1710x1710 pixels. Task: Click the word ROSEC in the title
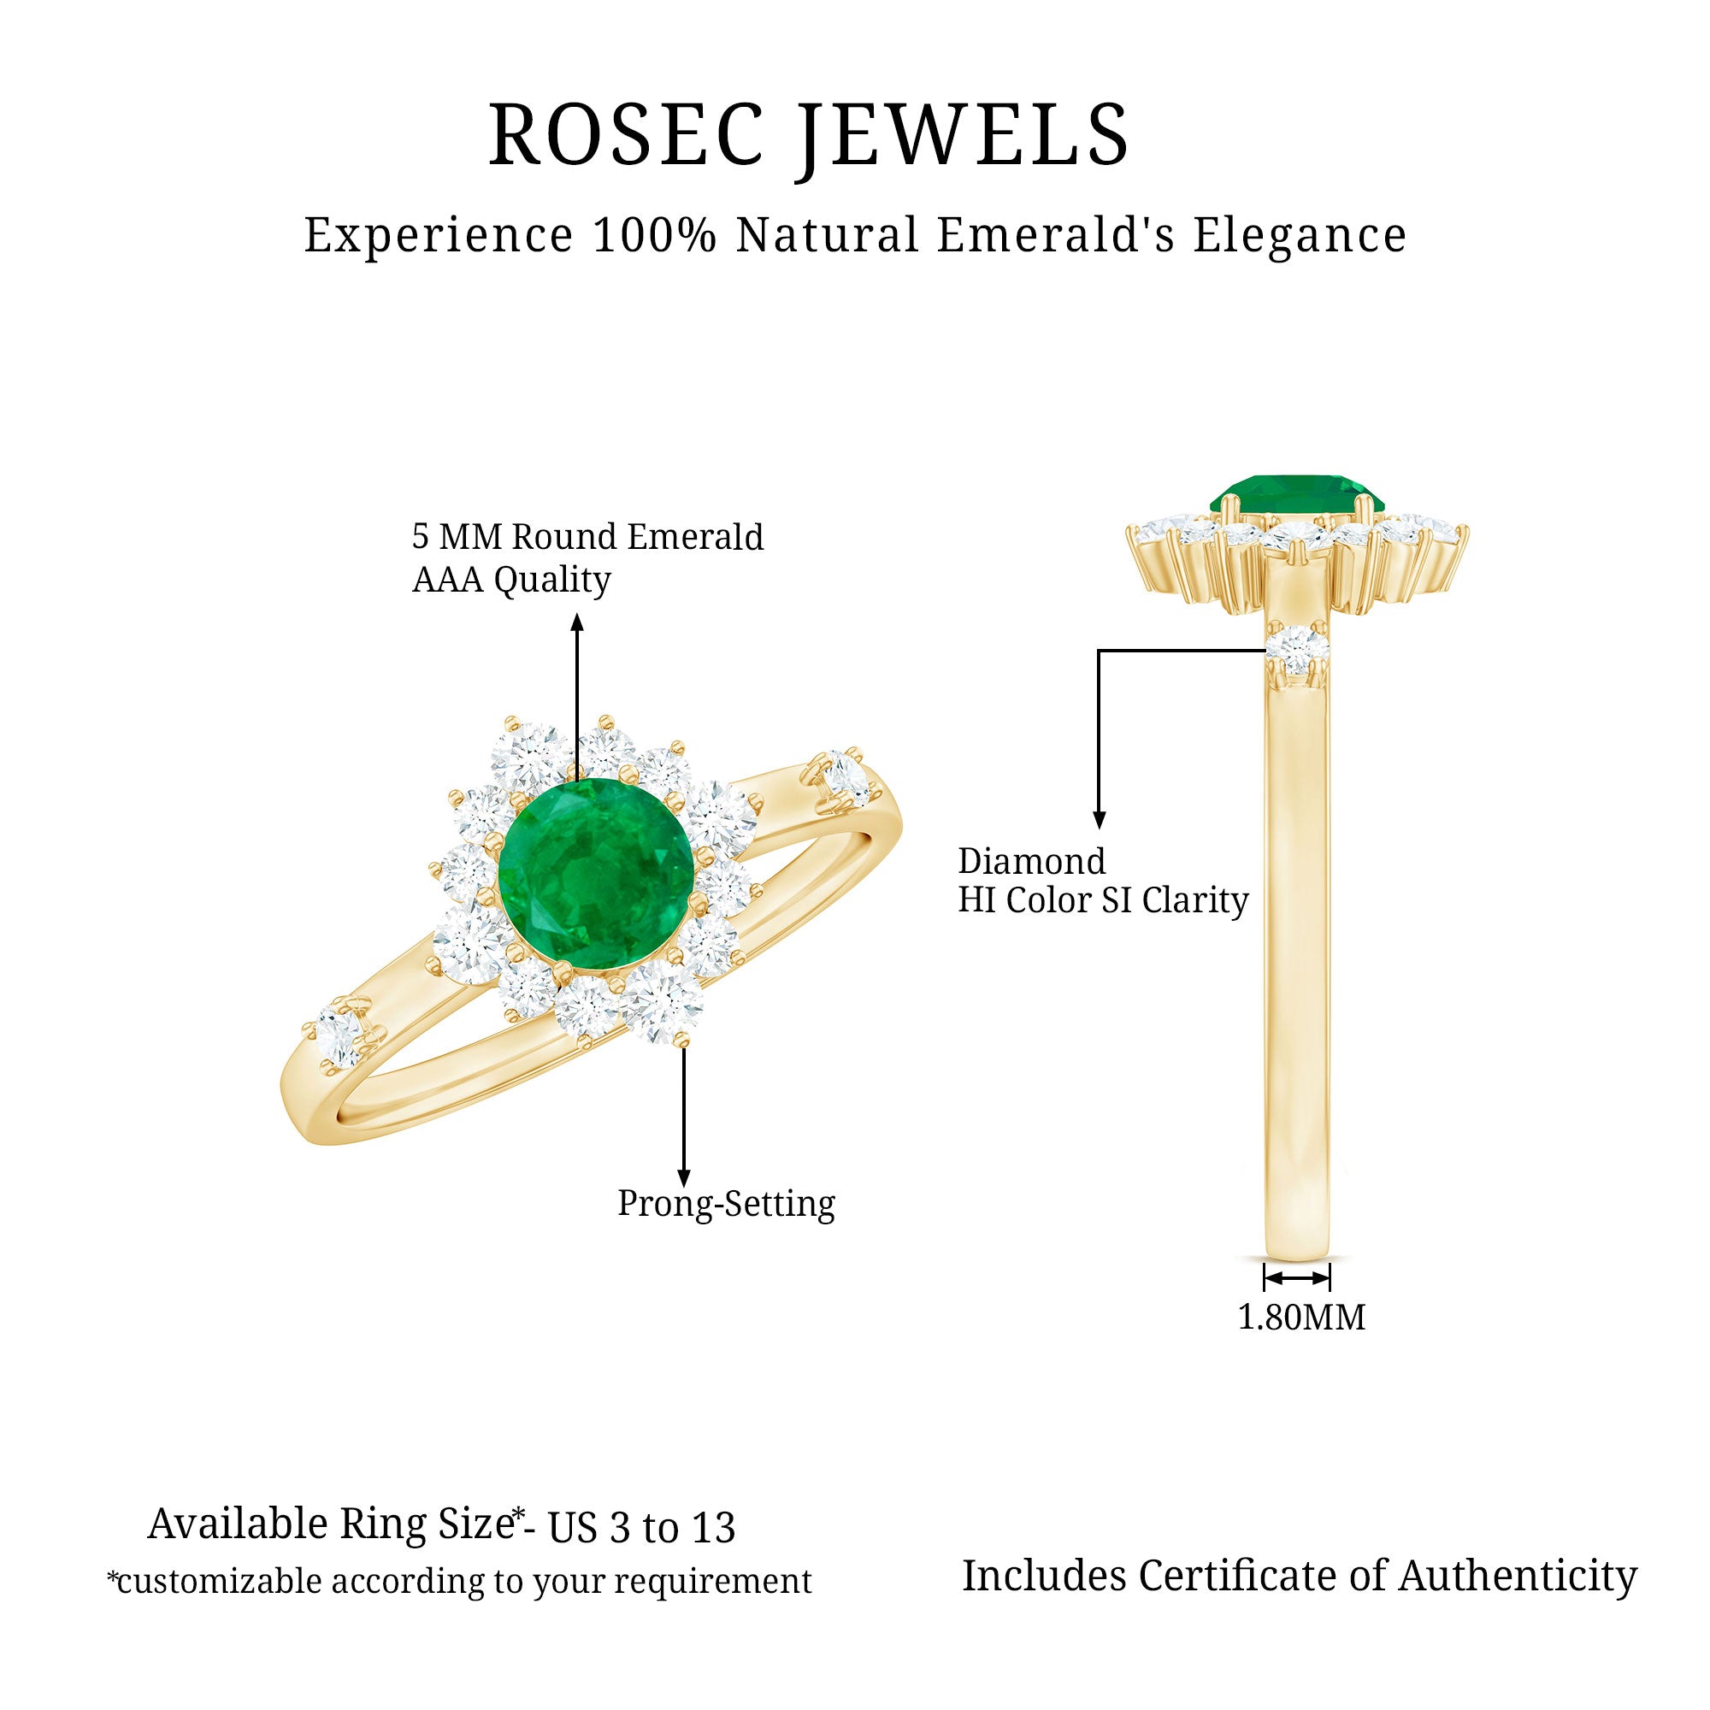click(625, 134)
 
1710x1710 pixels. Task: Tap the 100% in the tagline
click(653, 235)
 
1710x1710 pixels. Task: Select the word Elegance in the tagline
click(1300, 235)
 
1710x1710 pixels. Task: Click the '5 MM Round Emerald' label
click(587, 537)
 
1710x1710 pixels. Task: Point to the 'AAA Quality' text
click(511, 581)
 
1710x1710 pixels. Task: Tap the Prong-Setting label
click(726, 1205)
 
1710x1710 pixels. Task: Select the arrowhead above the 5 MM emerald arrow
click(577, 622)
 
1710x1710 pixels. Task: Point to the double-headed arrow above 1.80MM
click(1297, 1278)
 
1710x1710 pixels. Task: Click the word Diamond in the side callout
click(1031, 862)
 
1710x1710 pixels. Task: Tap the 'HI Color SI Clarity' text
click(1103, 901)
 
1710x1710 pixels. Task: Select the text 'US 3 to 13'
click(643, 1529)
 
